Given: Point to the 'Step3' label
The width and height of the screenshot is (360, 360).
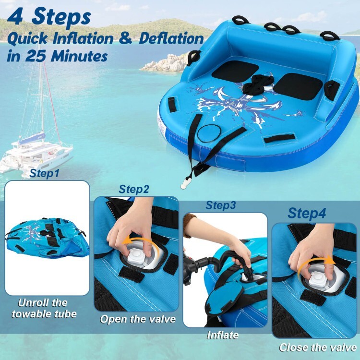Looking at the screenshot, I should (x=220, y=205).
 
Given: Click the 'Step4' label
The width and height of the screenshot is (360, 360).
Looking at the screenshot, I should (x=307, y=213).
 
